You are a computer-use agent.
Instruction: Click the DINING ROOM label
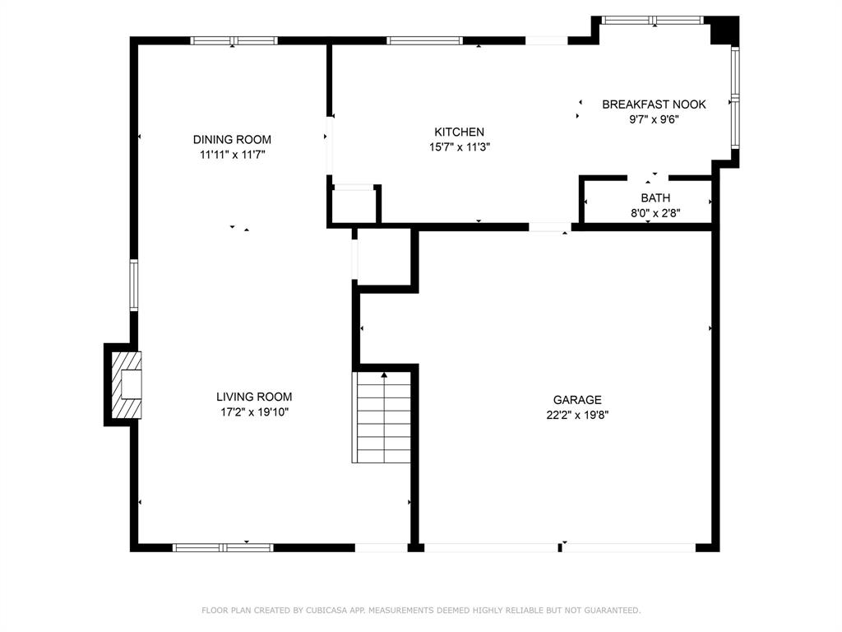(x=232, y=140)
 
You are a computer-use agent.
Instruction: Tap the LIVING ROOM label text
(x=254, y=397)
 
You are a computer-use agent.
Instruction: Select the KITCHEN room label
(x=459, y=132)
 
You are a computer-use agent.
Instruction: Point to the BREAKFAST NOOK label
(x=654, y=105)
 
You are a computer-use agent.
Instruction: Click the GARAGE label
(x=577, y=400)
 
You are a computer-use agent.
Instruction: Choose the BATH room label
(x=655, y=197)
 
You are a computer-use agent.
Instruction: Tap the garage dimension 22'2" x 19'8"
(x=577, y=415)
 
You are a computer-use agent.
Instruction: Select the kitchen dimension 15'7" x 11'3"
(x=460, y=146)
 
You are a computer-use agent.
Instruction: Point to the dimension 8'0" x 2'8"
(x=655, y=213)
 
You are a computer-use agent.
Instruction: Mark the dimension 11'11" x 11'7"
(x=233, y=155)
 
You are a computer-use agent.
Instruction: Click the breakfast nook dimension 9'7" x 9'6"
(x=654, y=119)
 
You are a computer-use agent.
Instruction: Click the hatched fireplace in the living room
(x=126, y=385)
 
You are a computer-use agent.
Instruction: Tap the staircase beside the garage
(x=382, y=417)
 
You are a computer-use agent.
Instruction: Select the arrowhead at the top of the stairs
(x=384, y=374)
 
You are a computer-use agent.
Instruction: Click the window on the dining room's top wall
(x=234, y=40)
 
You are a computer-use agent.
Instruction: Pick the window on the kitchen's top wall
(x=424, y=40)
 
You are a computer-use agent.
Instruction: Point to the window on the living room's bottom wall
(x=223, y=547)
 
